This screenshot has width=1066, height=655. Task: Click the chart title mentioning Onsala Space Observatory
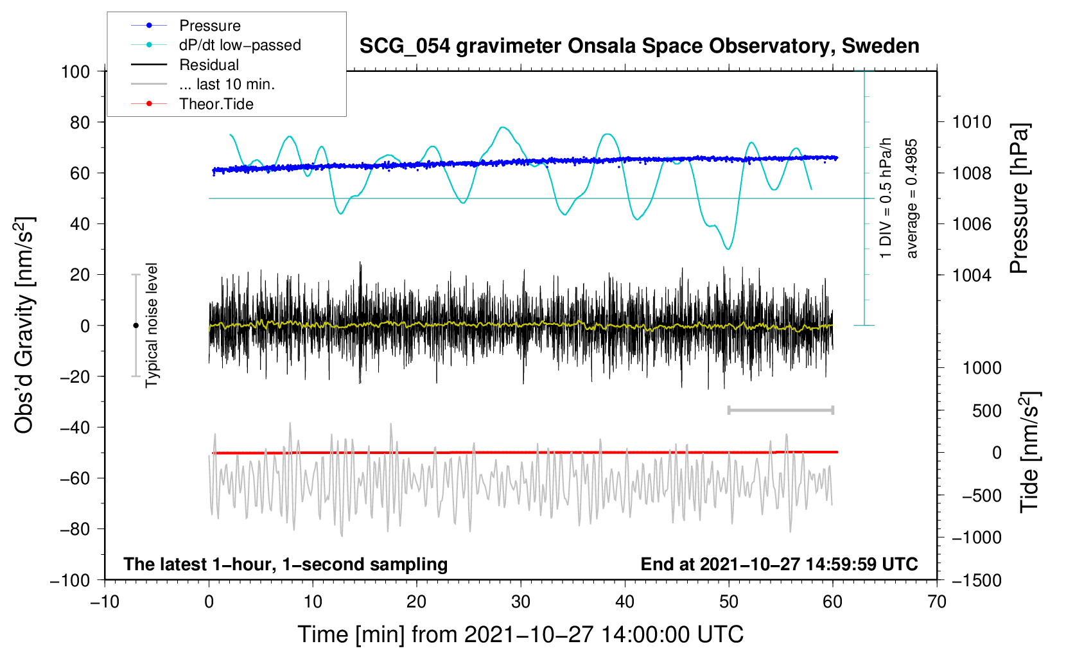pos(639,46)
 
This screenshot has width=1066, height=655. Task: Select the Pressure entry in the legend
pos(210,25)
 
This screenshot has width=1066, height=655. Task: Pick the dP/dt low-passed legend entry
pos(240,45)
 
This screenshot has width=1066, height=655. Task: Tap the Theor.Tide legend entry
pos(216,104)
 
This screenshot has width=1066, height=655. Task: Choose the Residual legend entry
pos(209,65)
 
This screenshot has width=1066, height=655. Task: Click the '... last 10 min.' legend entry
pos(227,84)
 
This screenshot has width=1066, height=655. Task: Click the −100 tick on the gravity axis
pos(70,581)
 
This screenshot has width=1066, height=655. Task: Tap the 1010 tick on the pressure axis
pos(972,123)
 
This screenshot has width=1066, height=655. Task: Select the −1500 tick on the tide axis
pos(977,581)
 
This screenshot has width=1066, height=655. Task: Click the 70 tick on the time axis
pos(936,602)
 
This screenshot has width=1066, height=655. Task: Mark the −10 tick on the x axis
pos(105,602)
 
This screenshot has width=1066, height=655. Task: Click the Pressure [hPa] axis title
pos(1019,198)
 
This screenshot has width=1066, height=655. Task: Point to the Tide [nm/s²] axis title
pos(1030,452)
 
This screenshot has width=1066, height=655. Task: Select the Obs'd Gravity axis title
pos(24,325)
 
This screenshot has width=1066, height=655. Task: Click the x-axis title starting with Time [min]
pos(521,634)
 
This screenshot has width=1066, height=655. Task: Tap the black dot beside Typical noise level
pos(135,326)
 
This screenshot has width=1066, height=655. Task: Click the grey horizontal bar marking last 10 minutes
pos(780,410)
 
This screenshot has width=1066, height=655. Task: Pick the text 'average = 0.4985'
pos(911,198)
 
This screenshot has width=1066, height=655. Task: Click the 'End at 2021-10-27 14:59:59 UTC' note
pos(779,564)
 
